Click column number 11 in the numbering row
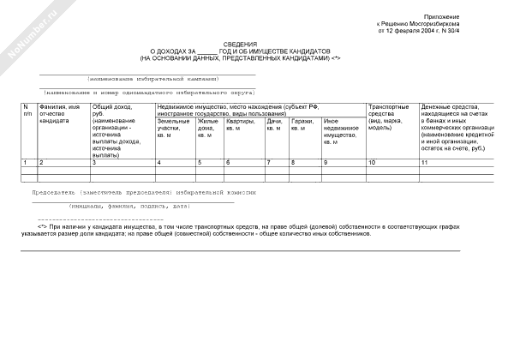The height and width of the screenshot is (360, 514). [x=424, y=162]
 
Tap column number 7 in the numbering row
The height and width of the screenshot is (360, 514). [x=269, y=162]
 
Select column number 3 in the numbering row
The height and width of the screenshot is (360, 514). [x=94, y=162]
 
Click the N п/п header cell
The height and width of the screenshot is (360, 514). [x=27, y=110]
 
